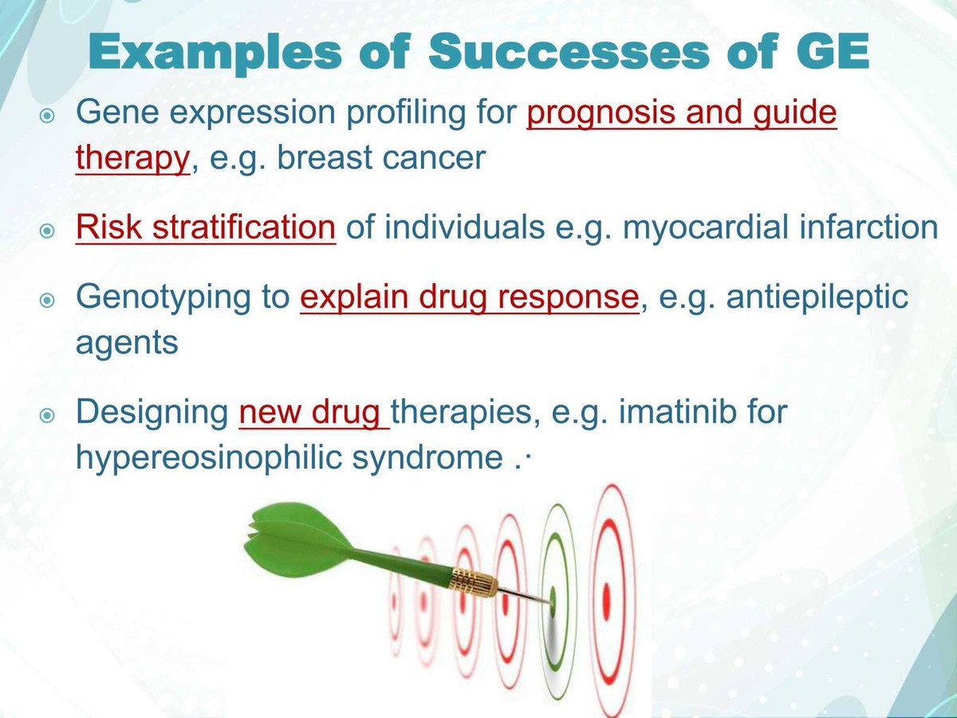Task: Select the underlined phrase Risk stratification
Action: [x=206, y=227]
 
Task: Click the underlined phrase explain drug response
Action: [x=469, y=297]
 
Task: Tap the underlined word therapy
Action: [x=132, y=158]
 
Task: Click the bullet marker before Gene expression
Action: [x=48, y=116]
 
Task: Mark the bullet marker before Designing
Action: [x=48, y=416]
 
